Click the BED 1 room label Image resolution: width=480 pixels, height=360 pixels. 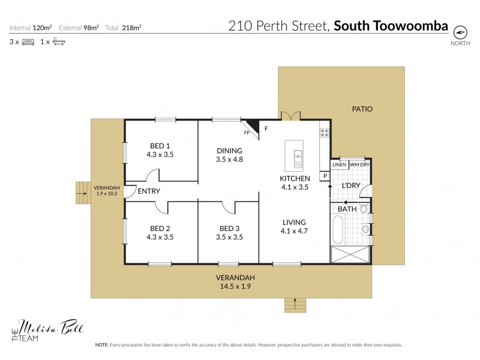pos(160,149)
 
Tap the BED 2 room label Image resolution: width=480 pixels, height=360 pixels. pos(160,232)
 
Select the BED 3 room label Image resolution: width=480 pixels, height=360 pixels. pos(229,232)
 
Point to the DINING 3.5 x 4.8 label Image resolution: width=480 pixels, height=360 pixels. pos(229,155)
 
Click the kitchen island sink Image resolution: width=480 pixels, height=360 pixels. pos(298,159)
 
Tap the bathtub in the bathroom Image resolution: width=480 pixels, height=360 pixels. pos(337,230)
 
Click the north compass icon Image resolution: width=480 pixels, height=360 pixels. pos(460,32)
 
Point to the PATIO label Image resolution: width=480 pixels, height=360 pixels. pos(362,109)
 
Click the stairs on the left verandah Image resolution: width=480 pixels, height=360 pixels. pos(82,193)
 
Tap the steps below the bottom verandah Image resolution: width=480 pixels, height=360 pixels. pos(293,304)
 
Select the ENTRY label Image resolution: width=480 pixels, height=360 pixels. pos(148,191)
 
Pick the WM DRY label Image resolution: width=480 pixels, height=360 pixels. pos(359,164)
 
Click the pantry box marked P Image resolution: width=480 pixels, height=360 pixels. pos(325,176)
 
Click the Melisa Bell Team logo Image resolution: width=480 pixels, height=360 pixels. pos(49,331)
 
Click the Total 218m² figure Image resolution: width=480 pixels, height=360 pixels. pos(123,28)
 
